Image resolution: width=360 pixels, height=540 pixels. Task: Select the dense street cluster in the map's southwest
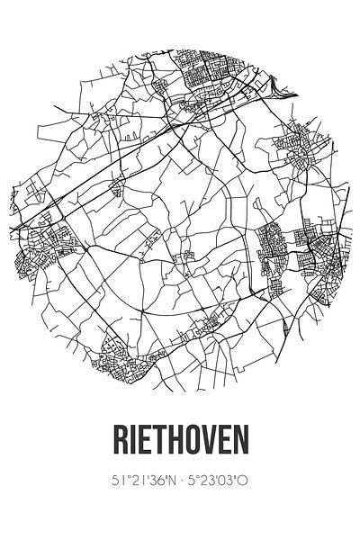tap(117, 355)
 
